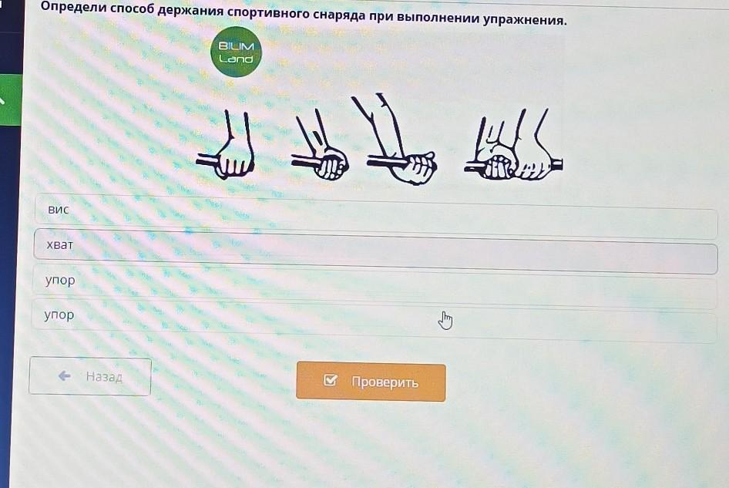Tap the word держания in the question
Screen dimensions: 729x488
(x=190, y=11)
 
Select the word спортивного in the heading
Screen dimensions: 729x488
(x=268, y=13)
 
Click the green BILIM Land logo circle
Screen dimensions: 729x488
(x=236, y=52)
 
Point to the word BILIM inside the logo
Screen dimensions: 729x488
(x=236, y=46)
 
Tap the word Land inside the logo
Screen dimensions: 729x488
(x=236, y=59)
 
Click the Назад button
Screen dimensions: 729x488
(x=90, y=376)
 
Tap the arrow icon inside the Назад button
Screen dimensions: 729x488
(x=65, y=375)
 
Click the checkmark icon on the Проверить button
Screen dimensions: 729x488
(x=330, y=380)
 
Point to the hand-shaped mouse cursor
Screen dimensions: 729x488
(x=445, y=321)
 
